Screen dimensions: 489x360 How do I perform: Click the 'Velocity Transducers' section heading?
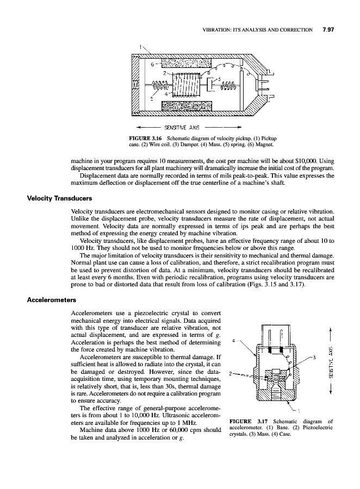click(x=53, y=198)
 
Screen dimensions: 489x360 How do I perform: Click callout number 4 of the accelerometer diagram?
click(x=233, y=341)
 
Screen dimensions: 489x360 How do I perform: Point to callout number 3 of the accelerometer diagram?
click(x=314, y=356)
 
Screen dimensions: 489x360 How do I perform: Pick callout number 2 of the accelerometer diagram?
click(x=232, y=373)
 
